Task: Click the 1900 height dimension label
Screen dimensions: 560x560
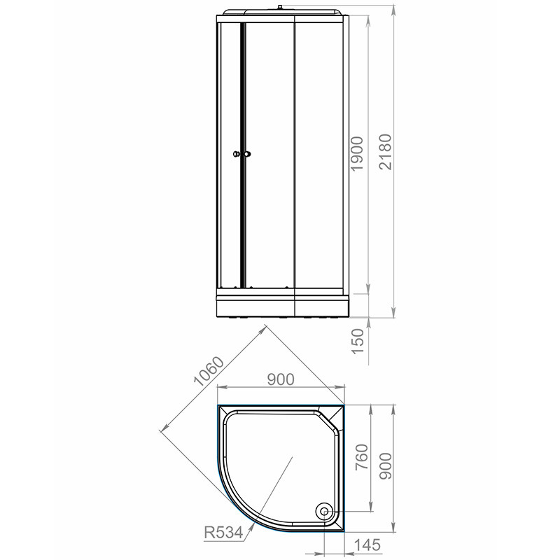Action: click(x=357, y=153)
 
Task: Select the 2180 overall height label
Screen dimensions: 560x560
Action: click(x=386, y=152)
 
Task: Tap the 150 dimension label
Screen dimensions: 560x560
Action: click(x=357, y=342)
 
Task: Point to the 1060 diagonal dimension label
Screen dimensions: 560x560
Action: click(x=209, y=371)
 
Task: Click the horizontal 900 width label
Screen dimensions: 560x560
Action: click(x=281, y=379)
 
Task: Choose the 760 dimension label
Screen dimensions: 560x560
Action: click(x=360, y=458)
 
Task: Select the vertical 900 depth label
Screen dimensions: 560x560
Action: click(x=386, y=465)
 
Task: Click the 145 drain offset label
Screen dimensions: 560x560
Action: click(x=367, y=545)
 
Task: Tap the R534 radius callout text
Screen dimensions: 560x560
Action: click(x=223, y=533)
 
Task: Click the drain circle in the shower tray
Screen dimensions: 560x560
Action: click(x=325, y=512)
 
